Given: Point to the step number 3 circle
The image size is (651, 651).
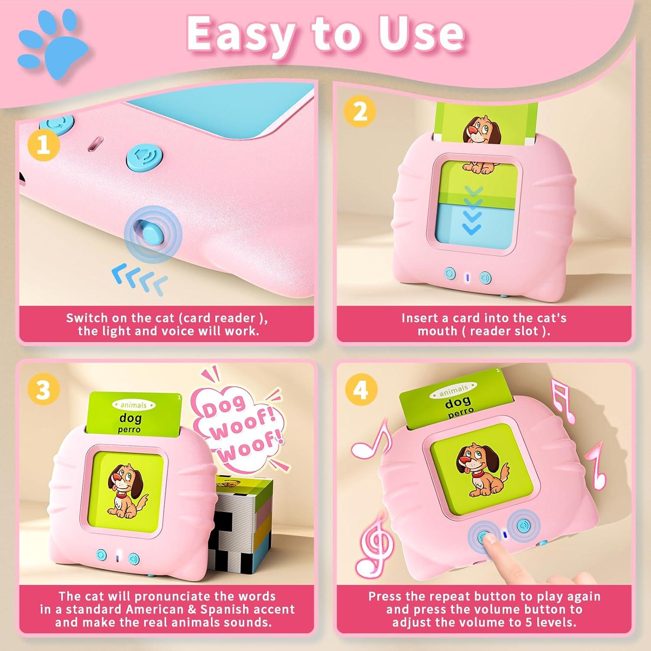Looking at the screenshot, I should pyautogui.click(x=43, y=390).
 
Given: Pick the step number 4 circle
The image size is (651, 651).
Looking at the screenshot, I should pyautogui.click(x=361, y=389).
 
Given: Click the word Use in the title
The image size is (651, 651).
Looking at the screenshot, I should pyautogui.click(x=420, y=34).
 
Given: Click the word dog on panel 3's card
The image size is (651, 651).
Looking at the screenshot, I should pyautogui.click(x=130, y=418).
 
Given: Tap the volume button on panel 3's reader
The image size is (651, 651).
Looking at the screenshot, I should pyautogui.click(x=134, y=558).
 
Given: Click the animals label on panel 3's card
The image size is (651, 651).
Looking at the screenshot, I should pyautogui.click(x=133, y=405).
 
